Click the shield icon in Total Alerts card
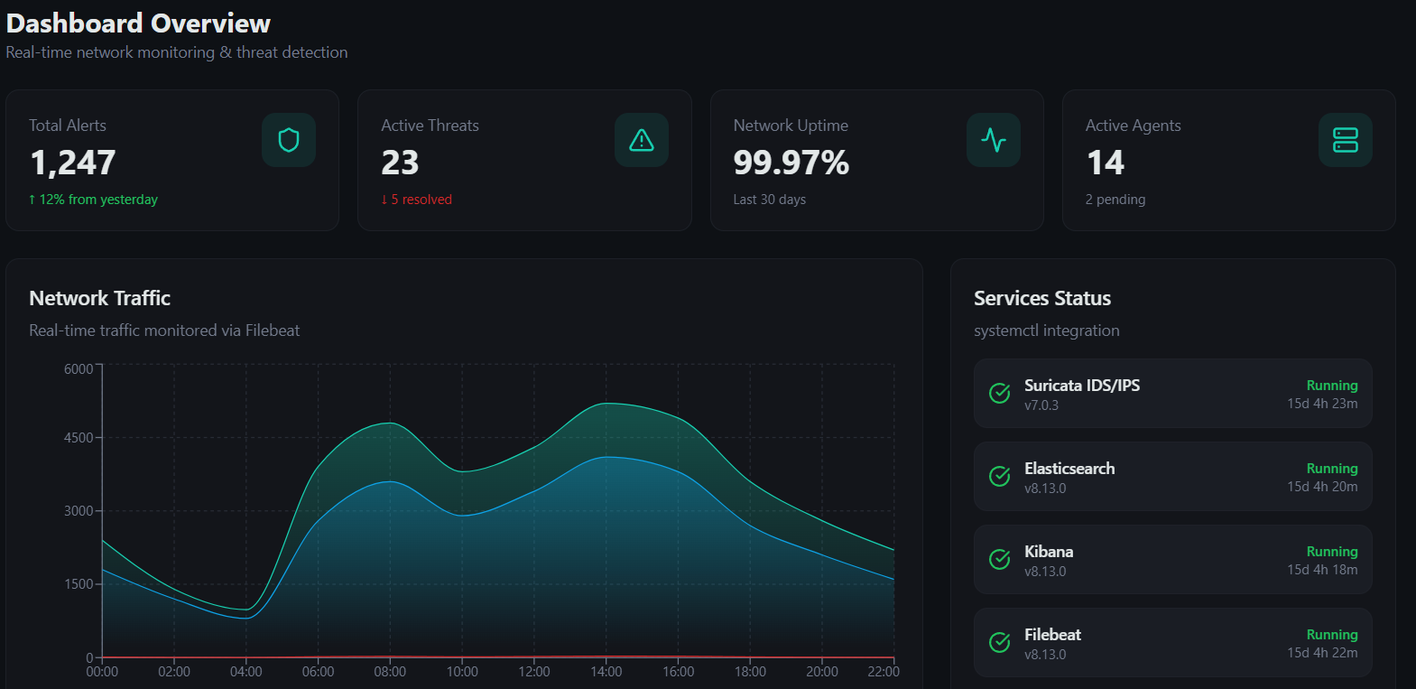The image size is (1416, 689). click(x=289, y=140)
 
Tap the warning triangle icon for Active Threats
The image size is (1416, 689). click(x=641, y=140)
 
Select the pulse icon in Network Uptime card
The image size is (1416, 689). click(x=994, y=140)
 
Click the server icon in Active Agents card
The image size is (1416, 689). click(x=1345, y=140)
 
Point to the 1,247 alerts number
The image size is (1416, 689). click(x=73, y=163)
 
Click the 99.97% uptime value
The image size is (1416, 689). click(x=791, y=163)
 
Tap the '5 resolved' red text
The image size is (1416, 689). click(x=417, y=200)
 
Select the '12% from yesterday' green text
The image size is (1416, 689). click(x=94, y=200)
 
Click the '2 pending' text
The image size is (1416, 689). click(x=1115, y=200)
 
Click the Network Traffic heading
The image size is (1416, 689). click(x=100, y=298)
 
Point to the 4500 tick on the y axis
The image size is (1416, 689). click(x=79, y=437)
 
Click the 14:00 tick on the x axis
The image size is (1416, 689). click(x=606, y=671)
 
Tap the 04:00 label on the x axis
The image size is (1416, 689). click(x=245, y=671)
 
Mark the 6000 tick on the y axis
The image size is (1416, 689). click(x=79, y=368)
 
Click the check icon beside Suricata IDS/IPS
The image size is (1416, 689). click(x=999, y=393)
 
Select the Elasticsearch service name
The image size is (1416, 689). click(x=1069, y=469)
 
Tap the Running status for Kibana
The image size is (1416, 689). click(x=1332, y=552)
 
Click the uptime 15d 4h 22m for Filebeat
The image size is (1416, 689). click(x=1322, y=653)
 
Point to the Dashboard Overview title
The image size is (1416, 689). click(x=138, y=23)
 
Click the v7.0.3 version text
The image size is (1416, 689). click(x=1041, y=405)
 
